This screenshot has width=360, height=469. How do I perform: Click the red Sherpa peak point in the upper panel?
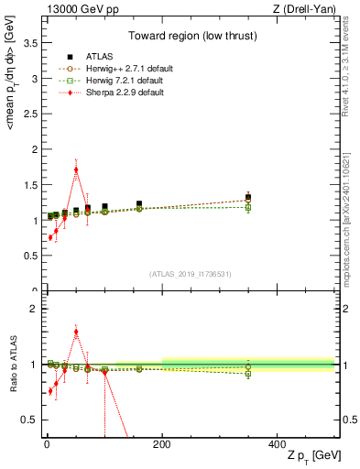point(76,169)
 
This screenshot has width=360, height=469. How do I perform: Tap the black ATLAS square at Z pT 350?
point(248,197)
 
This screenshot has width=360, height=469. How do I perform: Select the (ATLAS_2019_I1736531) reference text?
point(190,275)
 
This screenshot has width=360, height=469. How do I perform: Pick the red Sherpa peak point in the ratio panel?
point(76,332)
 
